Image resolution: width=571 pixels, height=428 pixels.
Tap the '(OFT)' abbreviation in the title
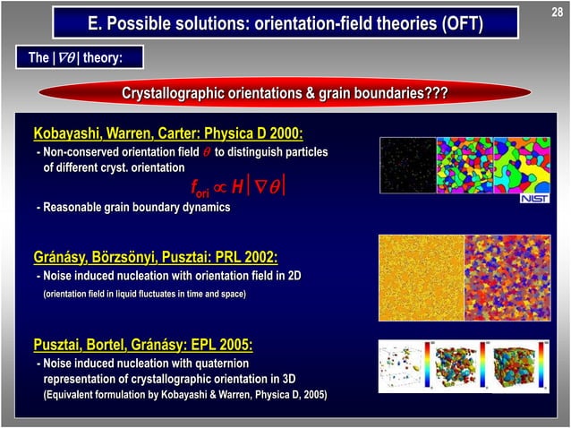coord(460,22)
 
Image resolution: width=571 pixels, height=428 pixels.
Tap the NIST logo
coord(534,198)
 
